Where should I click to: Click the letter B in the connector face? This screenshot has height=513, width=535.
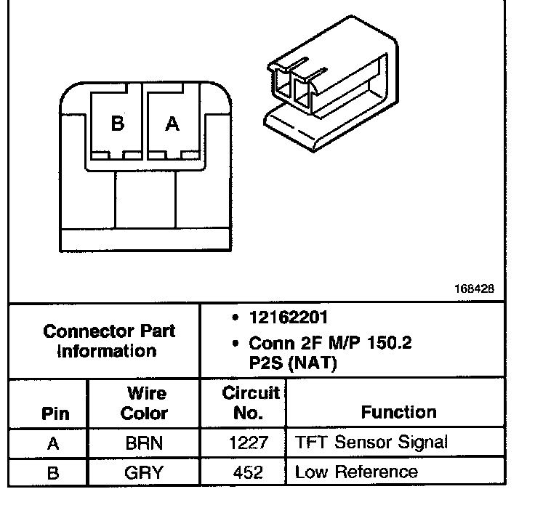point(117,124)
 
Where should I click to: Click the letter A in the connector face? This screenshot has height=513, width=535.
point(172,124)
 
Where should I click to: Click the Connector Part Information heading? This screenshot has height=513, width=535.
point(109,341)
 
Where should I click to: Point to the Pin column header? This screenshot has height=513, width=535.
point(55,413)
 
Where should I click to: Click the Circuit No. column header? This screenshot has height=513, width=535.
point(250,403)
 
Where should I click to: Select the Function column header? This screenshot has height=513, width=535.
point(399,412)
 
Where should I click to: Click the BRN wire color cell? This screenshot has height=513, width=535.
point(144,443)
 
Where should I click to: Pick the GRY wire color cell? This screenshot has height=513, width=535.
point(144,472)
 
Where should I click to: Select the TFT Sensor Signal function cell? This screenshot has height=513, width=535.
point(371,442)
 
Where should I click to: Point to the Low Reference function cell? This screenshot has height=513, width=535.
point(356,472)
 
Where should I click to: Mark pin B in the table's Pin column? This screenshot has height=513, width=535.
point(53,473)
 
